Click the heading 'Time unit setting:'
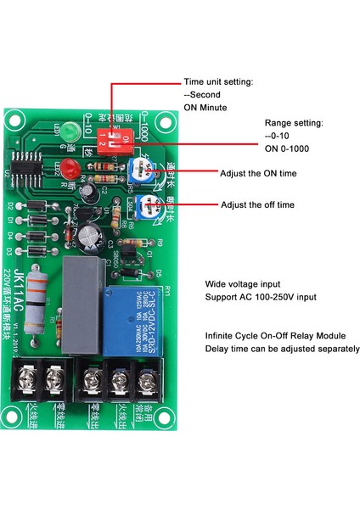point(218,82)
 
